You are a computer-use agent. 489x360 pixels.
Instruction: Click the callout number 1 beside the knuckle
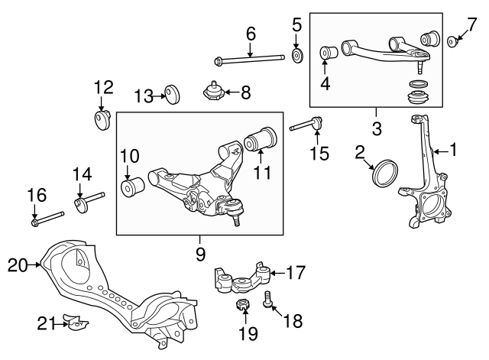tap(453, 151)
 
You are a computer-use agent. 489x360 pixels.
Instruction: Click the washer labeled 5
tap(296, 57)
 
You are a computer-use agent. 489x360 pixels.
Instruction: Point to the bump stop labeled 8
tap(214, 92)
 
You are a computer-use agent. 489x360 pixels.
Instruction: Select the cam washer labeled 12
tap(102, 121)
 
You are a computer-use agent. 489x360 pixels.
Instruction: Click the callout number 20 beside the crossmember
tap(17, 266)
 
